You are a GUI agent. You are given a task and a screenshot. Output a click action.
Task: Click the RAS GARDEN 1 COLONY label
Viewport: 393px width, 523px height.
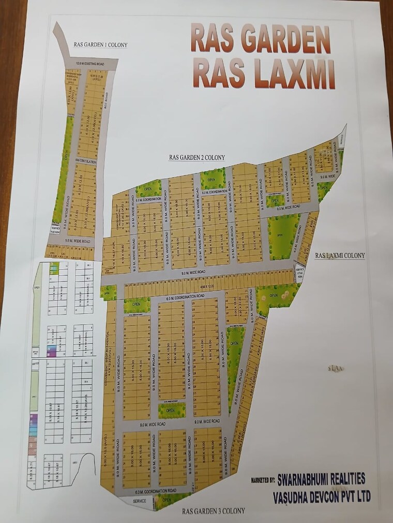[100, 45]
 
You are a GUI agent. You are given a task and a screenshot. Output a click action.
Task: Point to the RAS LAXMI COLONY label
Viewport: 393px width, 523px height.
[340, 255]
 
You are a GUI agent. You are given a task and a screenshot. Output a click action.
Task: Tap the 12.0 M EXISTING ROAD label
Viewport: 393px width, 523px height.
[90, 64]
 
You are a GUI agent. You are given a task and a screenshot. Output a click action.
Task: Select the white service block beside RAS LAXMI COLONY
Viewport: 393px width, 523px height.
[299, 274]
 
